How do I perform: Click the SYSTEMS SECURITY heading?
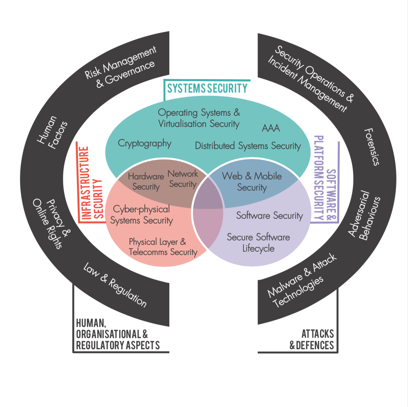(x=207, y=88)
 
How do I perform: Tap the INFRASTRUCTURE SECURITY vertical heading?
(x=90, y=184)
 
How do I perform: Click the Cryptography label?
(x=145, y=143)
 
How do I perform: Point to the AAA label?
(x=271, y=129)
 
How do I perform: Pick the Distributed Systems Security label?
(x=248, y=146)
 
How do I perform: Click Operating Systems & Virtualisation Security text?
(x=199, y=118)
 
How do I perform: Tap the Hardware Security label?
(x=146, y=181)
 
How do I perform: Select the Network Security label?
(x=182, y=179)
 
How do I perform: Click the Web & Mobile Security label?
(x=252, y=181)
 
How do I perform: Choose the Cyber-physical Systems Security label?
(x=141, y=214)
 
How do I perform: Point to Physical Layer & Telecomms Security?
(x=163, y=247)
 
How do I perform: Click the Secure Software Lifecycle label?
(x=258, y=243)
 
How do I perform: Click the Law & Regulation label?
(x=115, y=285)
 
